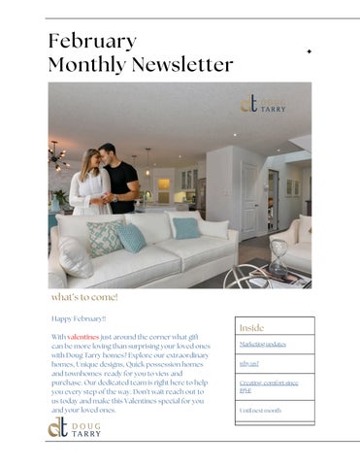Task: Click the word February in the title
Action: point(92,41)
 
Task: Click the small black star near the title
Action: point(309,50)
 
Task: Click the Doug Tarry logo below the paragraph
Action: point(75,428)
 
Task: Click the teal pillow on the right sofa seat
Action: point(186,228)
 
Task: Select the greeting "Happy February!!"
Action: point(79,317)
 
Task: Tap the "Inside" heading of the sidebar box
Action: point(251,328)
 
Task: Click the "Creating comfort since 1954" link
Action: point(269,386)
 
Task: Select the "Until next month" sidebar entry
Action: point(260,411)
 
